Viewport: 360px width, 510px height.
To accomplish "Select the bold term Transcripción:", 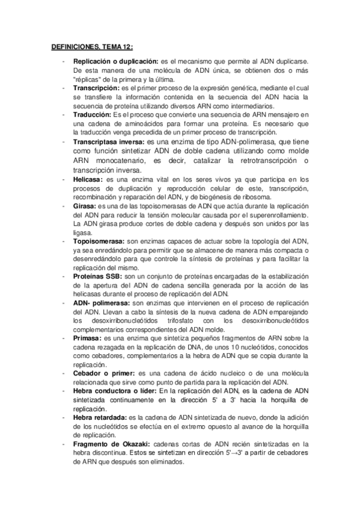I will (96, 87).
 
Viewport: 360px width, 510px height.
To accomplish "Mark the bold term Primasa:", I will (87, 339).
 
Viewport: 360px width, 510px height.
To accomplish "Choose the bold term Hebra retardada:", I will (98, 417).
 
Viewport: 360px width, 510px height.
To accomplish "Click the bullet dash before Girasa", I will (64, 206).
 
